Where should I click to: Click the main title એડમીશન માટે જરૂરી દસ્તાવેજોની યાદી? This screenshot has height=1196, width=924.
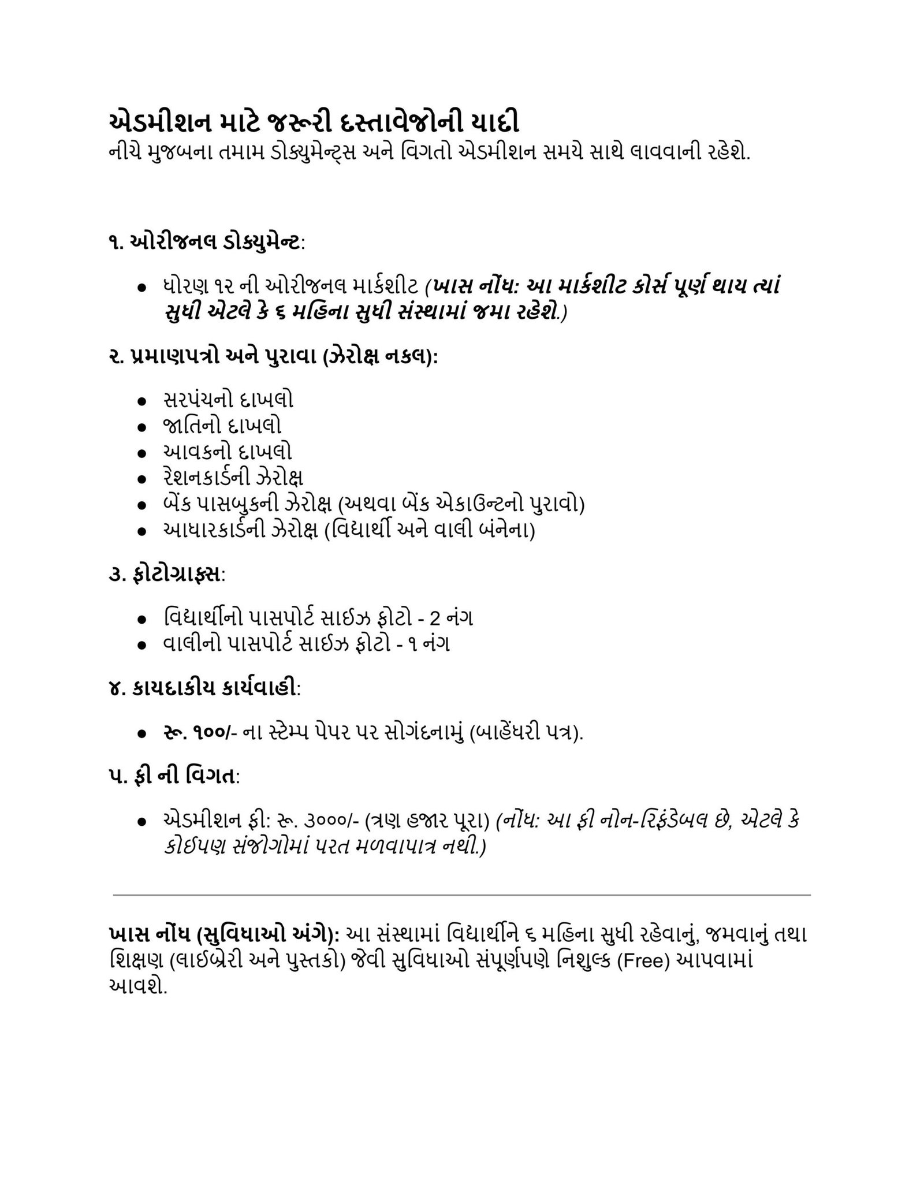point(313,124)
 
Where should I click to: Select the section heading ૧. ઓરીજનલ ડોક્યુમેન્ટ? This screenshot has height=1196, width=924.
point(204,243)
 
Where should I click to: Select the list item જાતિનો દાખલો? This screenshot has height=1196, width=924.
point(222,426)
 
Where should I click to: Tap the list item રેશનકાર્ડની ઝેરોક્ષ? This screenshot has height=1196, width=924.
point(233,478)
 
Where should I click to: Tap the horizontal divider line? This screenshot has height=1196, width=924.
point(462,895)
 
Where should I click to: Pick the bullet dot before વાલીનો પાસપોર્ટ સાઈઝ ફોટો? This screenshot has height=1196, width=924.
point(141,645)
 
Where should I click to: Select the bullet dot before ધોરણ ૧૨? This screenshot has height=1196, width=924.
point(141,288)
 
